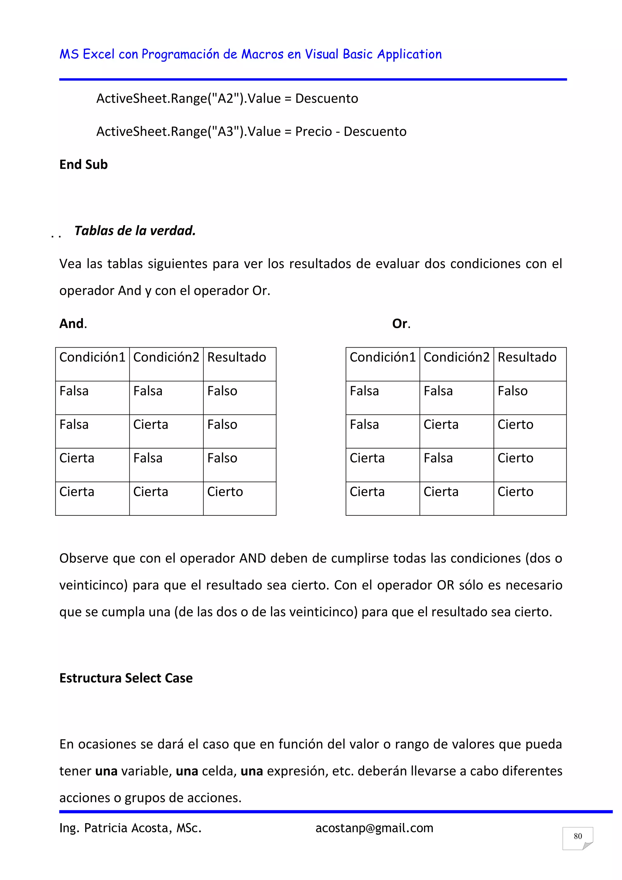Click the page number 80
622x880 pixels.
578,836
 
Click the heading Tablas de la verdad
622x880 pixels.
135,230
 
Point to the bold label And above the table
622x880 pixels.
72,324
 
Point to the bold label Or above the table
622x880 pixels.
400,324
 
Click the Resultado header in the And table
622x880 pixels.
236,357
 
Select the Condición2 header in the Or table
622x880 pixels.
456,357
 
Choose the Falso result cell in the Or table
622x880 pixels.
512,391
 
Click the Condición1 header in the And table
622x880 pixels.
92,357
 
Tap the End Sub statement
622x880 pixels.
84,164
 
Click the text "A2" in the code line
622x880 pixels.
225,98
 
